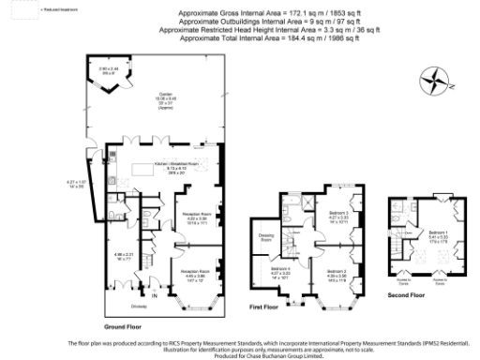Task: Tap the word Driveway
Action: [119, 303]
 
